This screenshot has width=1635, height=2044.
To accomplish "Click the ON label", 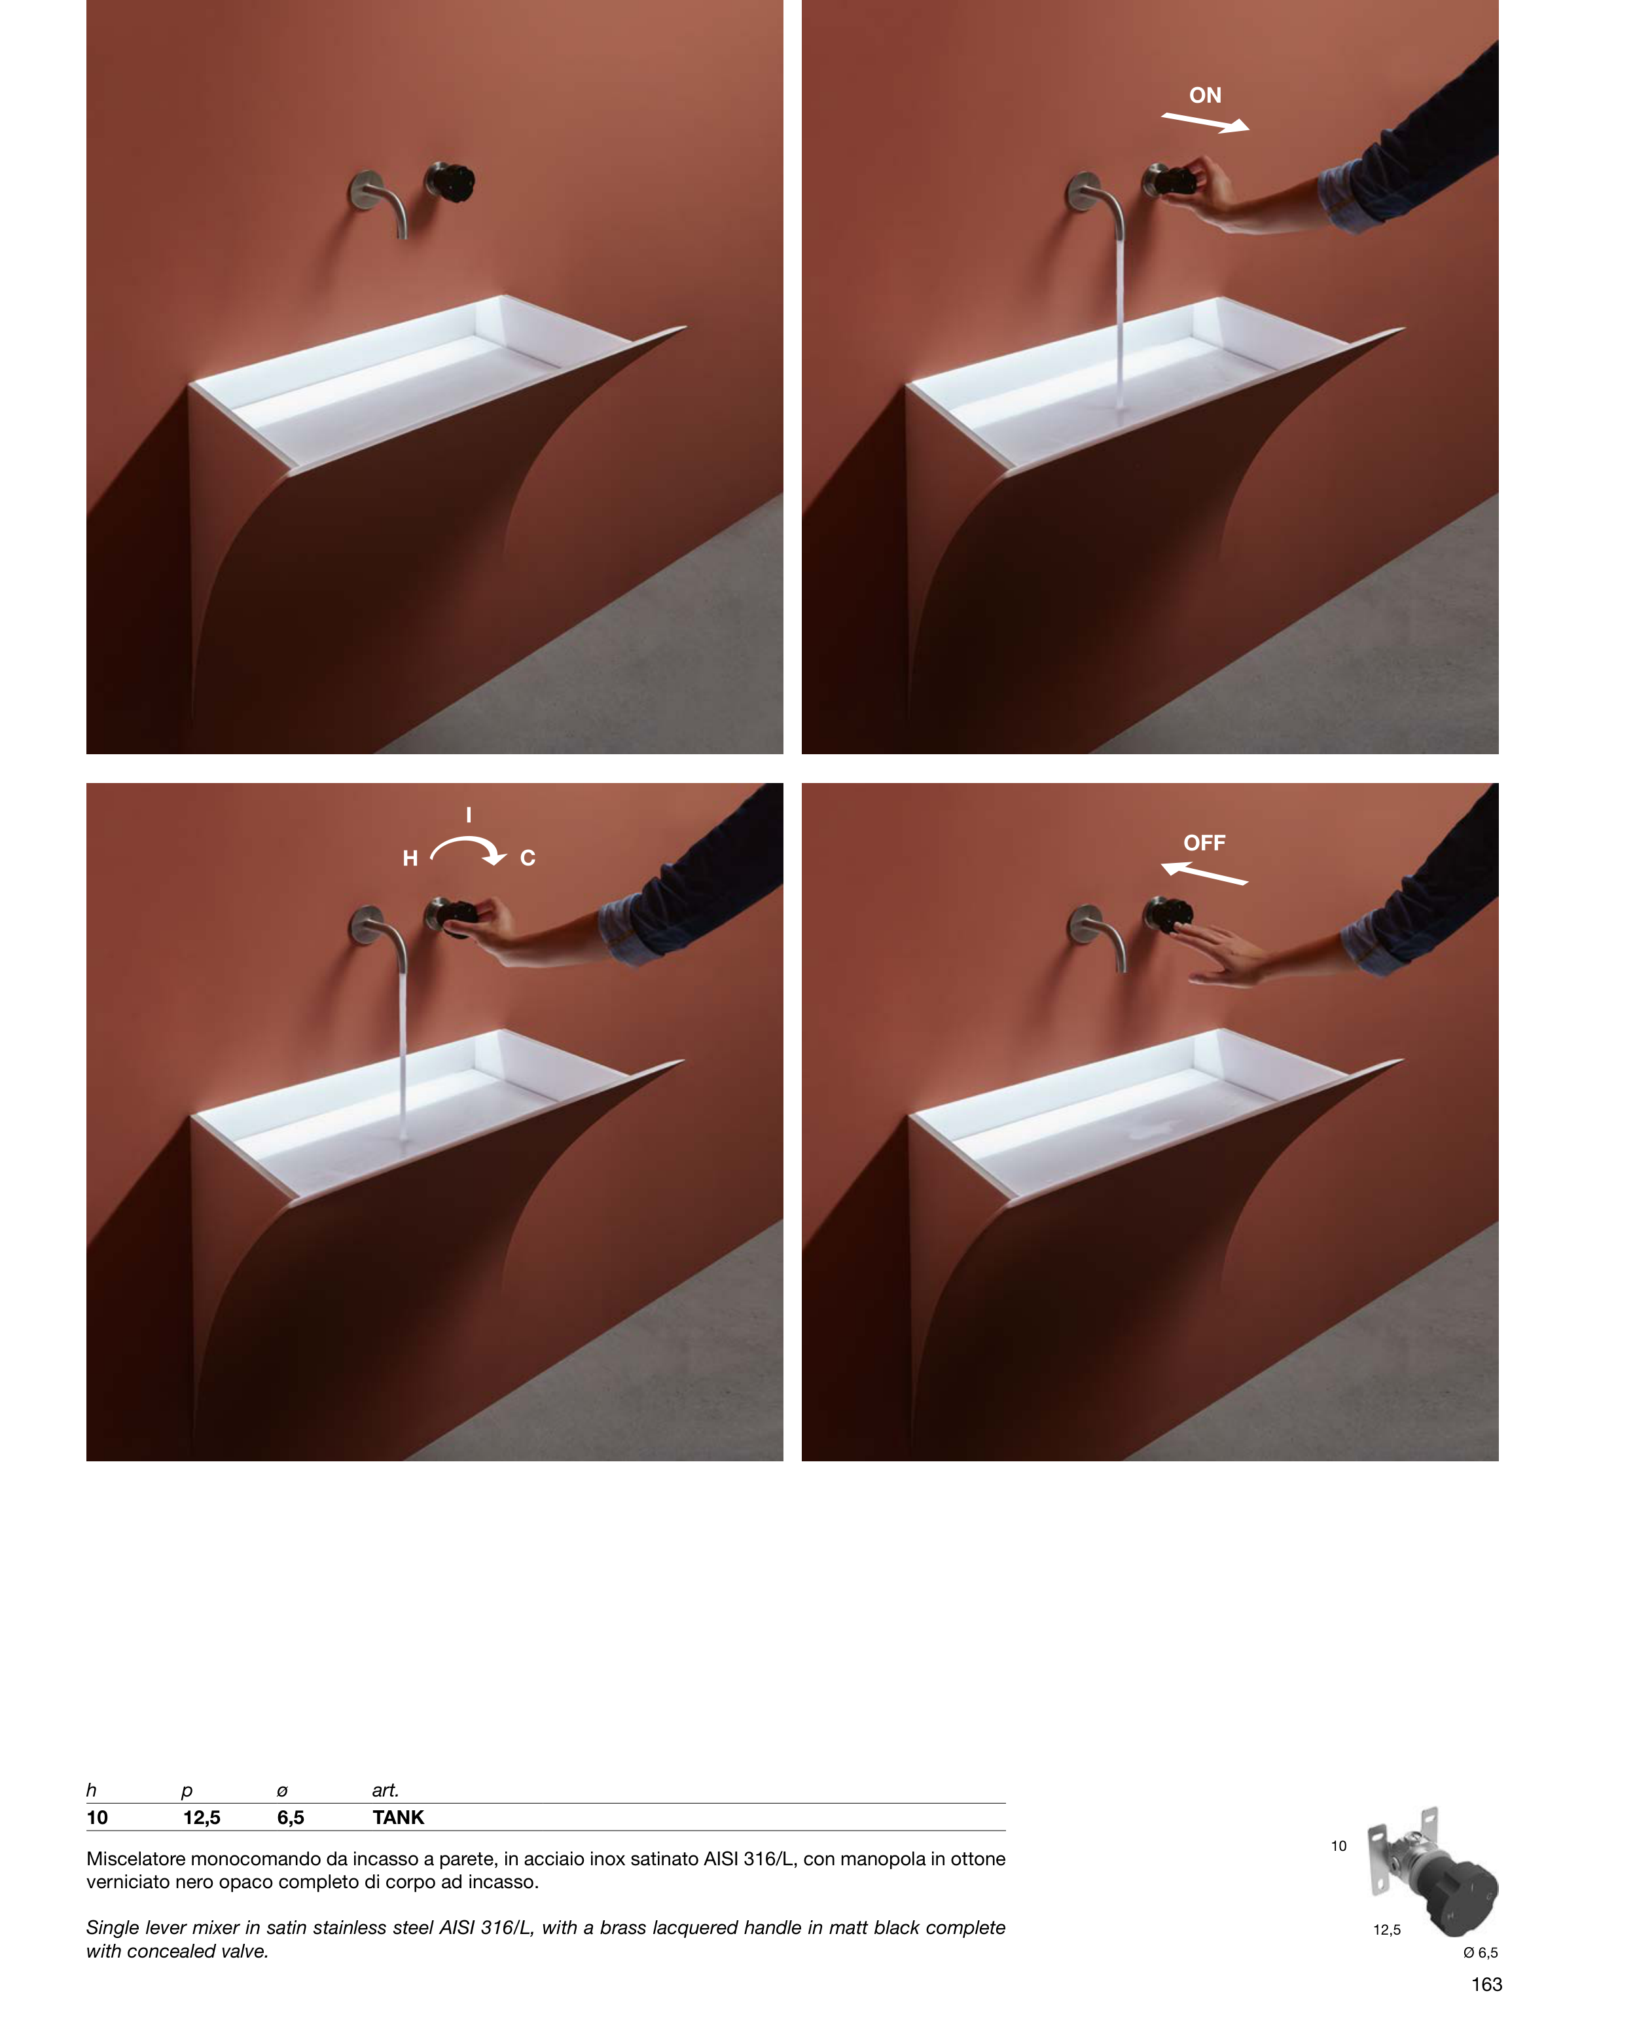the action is (x=1205, y=95).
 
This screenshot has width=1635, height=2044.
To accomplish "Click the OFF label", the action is (x=1204, y=843).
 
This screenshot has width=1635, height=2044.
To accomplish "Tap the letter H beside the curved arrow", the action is (x=410, y=858).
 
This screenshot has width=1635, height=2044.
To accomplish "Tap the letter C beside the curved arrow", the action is (x=528, y=858).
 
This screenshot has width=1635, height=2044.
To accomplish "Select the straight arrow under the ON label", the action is (x=1206, y=122).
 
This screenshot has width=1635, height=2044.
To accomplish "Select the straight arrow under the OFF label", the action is (x=1204, y=873).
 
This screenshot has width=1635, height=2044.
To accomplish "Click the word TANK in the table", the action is (x=398, y=1817).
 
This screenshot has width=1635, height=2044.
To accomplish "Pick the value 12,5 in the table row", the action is (x=202, y=1817).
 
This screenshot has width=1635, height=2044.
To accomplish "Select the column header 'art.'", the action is (x=385, y=1790).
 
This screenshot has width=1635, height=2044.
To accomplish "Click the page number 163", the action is (x=1486, y=1984).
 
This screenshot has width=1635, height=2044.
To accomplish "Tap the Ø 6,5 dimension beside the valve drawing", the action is (x=1481, y=1952).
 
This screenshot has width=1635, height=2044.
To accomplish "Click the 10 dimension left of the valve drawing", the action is (x=1339, y=1846).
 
